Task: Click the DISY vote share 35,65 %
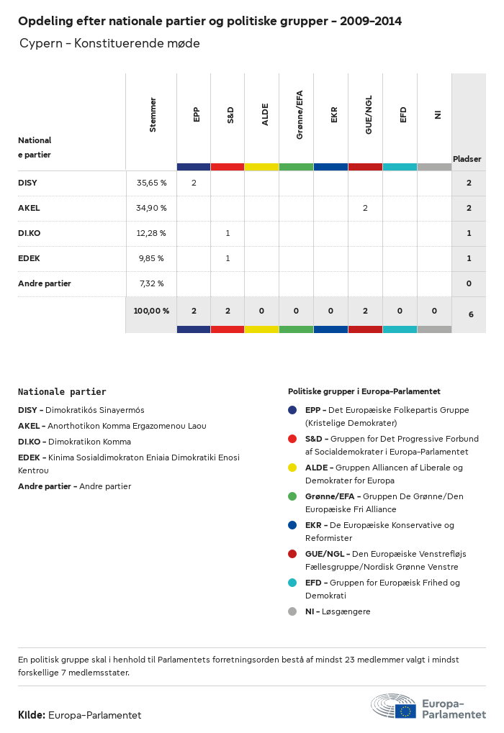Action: click(x=151, y=183)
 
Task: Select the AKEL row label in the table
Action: click(x=29, y=209)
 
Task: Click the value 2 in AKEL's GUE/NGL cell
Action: click(x=365, y=209)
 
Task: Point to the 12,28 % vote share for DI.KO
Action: click(x=151, y=234)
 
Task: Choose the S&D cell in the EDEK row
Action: click(x=228, y=258)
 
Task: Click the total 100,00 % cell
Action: click(x=151, y=311)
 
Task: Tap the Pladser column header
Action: click(x=467, y=159)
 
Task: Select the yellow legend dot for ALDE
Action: click(x=292, y=468)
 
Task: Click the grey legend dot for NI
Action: click(x=292, y=611)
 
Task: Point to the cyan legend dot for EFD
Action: click(x=292, y=583)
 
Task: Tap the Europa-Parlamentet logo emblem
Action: click(x=394, y=706)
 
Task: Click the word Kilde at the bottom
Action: click(x=32, y=715)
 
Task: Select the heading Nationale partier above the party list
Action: click(x=62, y=392)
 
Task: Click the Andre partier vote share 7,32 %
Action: click(x=151, y=284)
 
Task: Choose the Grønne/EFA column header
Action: click(x=300, y=115)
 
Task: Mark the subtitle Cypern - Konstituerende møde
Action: click(x=109, y=44)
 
